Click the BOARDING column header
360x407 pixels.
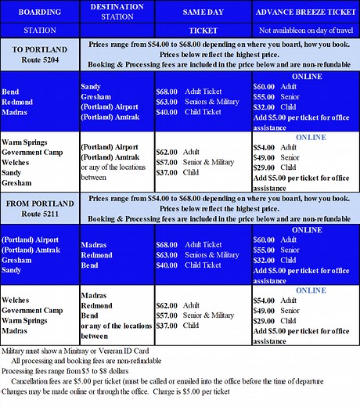pyautogui.click(x=39, y=13)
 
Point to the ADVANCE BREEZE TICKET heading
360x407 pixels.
pyautogui.click(x=305, y=13)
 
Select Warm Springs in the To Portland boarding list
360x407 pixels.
pyautogui.click(x=27, y=142)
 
